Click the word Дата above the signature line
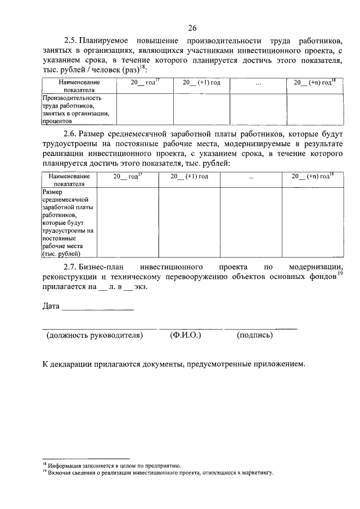point(51,307)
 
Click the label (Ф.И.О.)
point(185,335)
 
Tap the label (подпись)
point(255,335)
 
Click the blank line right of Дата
point(97,308)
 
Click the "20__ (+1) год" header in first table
point(201,82)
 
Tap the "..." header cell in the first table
point(258,83)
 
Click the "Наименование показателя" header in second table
point(69,179)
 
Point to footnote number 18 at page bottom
point(45,465)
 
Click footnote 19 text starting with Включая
point(160,473)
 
